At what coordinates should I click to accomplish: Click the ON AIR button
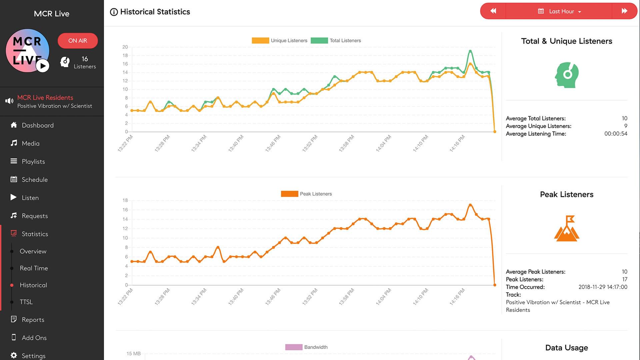coord(78,41)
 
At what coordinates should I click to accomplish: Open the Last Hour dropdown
coord(559,11)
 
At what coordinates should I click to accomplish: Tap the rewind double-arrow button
coord(493,11)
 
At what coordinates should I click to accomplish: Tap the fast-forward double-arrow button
coord(624,11)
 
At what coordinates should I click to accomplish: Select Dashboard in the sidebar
coord(37,125)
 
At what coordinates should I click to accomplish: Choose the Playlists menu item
coord(33,161)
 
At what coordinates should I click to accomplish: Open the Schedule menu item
coord(34,180)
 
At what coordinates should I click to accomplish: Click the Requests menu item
coord(35,216)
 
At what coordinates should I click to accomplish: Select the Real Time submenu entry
coord(34,268)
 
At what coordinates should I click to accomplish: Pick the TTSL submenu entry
coord(26,302)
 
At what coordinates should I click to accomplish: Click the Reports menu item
coord(33,320)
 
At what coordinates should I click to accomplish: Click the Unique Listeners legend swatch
coord(260,41)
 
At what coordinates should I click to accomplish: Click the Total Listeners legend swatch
coord(319,41)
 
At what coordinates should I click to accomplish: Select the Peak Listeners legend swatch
coord(289,194)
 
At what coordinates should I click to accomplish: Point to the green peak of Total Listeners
coord(470,51)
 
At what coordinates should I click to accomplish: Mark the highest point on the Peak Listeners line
coord(470,205)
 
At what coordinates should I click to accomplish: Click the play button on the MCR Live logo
coord(43,66)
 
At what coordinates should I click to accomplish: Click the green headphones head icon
coord(567,75)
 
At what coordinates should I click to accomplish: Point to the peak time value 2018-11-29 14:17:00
coord(603,287)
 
